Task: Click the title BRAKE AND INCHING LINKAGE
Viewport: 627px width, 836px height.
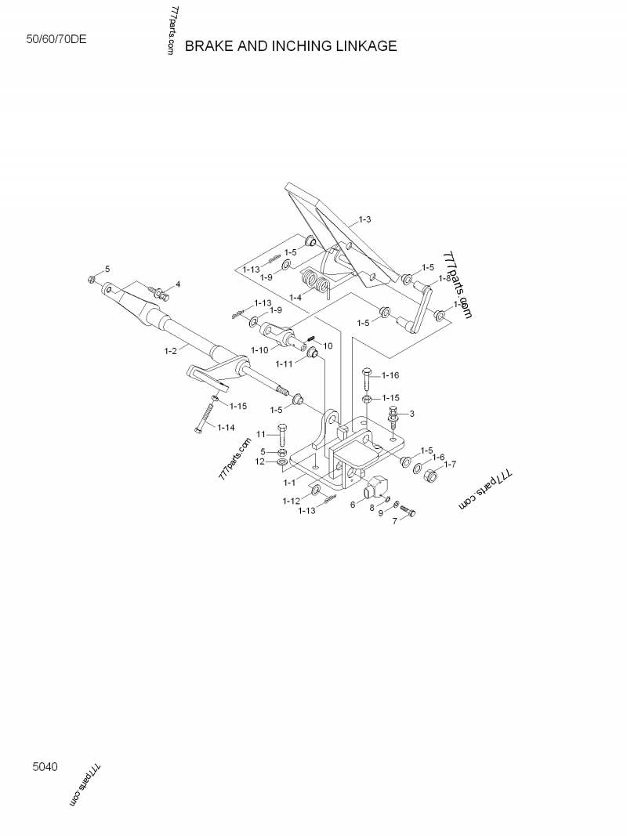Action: click(291, 46)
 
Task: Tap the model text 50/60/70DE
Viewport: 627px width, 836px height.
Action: click(56, 39)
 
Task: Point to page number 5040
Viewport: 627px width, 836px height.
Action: click(45, 767)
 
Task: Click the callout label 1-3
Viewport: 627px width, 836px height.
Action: click(364, 219)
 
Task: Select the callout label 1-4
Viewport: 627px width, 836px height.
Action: click(295, 297)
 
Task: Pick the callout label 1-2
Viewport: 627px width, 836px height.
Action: click(170, 351)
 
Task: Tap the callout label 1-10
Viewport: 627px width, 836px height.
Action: click(259, 349)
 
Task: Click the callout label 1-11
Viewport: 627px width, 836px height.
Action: click(285, 364)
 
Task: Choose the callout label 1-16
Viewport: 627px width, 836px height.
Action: click(390, 375)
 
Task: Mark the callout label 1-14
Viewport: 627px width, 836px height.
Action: click(226, 427)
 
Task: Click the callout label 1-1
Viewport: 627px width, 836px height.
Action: click(289, 483)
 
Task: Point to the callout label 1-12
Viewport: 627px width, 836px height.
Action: click(291, 501)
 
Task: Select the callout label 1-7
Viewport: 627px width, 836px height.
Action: click(450, 465)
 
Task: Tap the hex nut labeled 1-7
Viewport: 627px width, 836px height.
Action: click(431, 475)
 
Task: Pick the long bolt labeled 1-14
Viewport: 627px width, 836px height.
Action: click(206, 414)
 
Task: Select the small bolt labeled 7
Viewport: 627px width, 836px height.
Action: click(408, 511)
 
